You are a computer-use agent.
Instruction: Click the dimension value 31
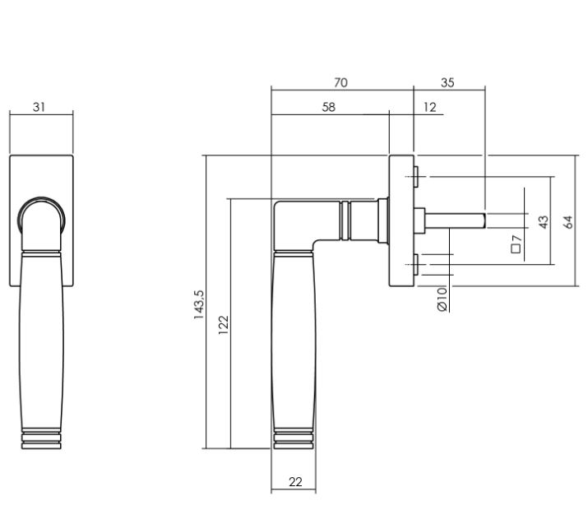39,107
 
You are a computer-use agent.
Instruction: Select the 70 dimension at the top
340,82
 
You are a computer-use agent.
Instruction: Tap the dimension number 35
447,82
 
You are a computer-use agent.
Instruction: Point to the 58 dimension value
328,107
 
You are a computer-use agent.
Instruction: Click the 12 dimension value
430,108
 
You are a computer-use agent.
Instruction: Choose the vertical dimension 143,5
199,304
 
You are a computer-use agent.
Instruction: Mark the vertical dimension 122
223,325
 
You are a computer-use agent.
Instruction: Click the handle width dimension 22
295,482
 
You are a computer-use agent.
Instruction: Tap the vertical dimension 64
567,222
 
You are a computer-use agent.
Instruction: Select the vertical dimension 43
543,222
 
